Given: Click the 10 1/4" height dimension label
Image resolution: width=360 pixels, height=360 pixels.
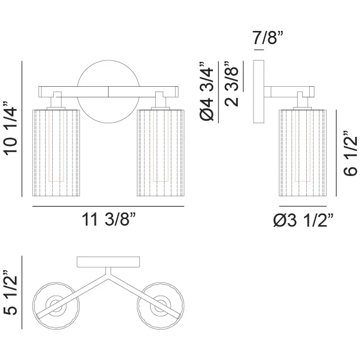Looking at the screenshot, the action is [x=11, y=129].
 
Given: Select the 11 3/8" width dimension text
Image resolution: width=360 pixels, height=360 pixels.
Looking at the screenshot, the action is [x=109, y=220].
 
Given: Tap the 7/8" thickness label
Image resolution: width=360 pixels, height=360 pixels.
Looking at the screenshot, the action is [x=268, y=38].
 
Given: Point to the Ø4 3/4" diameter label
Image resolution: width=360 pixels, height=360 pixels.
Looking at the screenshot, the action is [x=207, y=91].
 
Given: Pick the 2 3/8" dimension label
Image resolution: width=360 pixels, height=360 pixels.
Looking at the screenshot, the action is [x=231, y=84].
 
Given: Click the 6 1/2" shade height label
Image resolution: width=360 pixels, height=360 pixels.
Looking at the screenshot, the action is [x=350, y=153].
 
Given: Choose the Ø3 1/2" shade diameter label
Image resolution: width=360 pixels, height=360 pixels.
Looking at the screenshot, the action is [x=303, y=220].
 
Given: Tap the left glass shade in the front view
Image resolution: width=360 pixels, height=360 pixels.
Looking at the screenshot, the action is [x=56, y=153].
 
